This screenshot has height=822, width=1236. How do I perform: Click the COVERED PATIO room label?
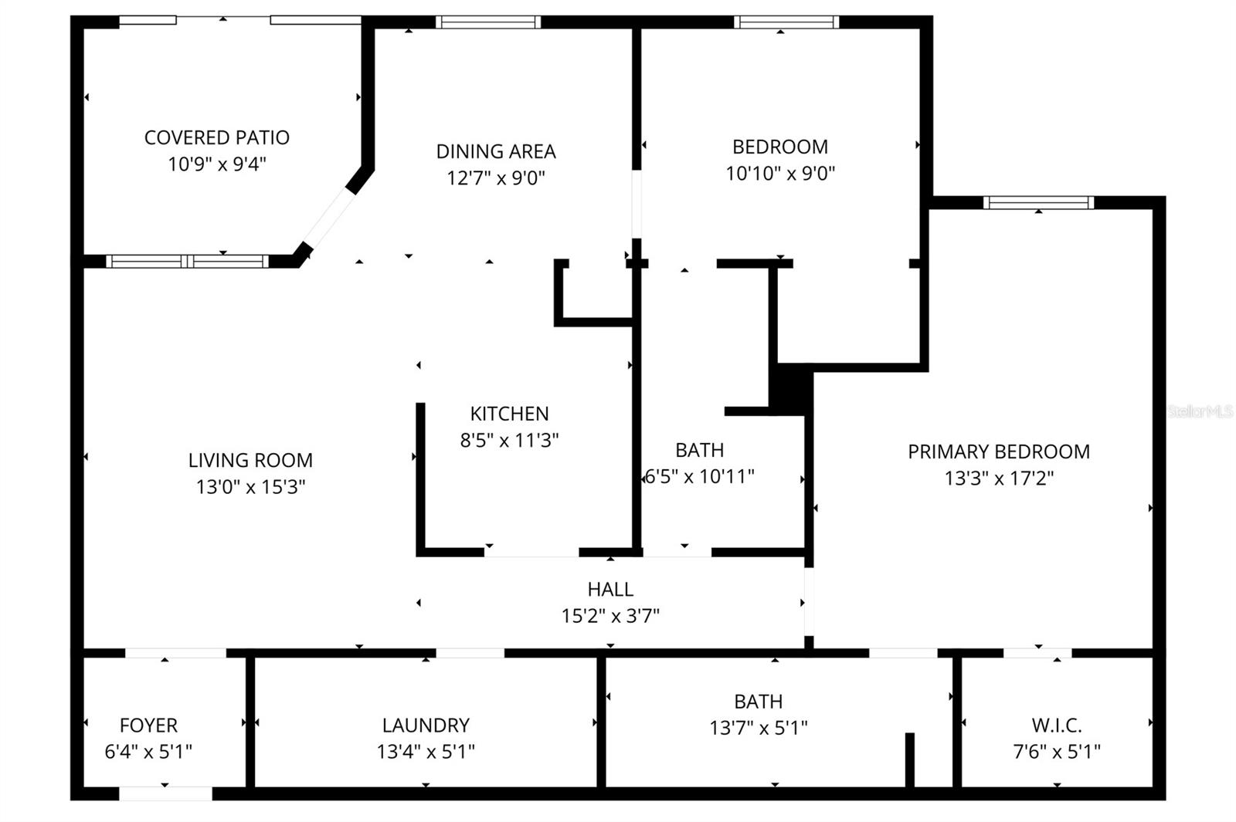(217, 137)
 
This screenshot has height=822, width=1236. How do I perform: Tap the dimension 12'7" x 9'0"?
(495, 178)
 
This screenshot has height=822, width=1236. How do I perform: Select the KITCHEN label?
(509, 414)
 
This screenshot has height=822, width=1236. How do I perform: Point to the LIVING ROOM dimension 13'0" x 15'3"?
(250, 487)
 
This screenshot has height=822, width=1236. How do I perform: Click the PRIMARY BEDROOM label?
(998, 452)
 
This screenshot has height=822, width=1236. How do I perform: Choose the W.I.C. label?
(1056, 726)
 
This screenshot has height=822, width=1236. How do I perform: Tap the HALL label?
(610, 590)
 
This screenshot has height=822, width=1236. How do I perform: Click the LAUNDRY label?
(426, 726)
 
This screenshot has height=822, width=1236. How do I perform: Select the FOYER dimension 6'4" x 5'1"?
(148, 751)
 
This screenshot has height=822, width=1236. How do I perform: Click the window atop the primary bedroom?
(1038, 203)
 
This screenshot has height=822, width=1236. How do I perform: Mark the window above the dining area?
(487, 22)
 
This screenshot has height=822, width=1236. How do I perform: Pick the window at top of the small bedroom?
(786, 22)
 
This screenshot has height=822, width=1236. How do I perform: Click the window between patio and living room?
(187, 262)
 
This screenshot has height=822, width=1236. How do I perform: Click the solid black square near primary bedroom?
(792, 387)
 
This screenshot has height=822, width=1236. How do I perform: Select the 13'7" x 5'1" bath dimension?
(759, 728)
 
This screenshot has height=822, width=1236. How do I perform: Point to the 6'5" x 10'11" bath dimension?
(700, 477)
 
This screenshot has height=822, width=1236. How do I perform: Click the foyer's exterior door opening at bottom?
(165, 793)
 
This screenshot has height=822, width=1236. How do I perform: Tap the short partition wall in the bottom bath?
(909, 759)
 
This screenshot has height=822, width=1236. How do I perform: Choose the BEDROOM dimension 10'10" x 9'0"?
(780, 174)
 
